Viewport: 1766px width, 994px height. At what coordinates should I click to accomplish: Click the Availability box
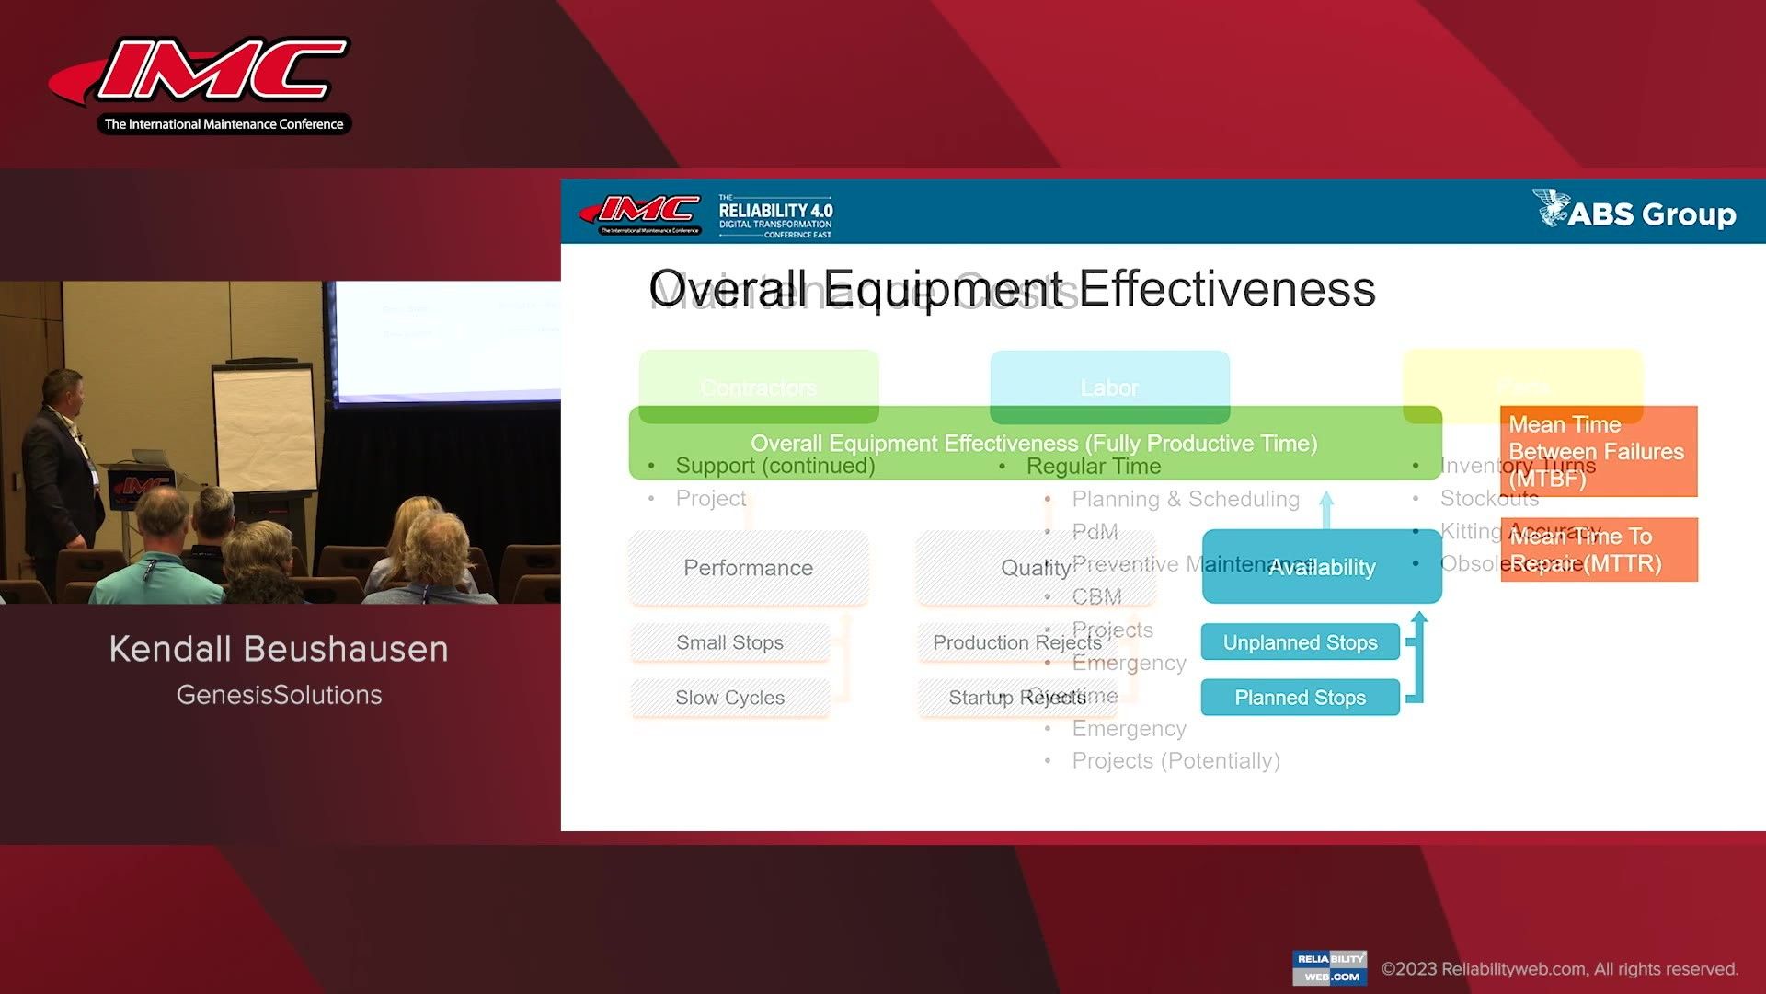[1321, 567]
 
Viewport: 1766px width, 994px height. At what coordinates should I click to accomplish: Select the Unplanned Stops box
[1300, 642]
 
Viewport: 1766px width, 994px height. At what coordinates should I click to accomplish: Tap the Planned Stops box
[1300, 698]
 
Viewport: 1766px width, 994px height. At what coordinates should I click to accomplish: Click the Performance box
[748, 568]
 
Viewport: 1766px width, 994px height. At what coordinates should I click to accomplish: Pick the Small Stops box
[729, 642]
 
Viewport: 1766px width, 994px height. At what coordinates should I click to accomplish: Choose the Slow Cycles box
[729, 698]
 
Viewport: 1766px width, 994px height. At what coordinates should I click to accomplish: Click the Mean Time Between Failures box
[1598, 451]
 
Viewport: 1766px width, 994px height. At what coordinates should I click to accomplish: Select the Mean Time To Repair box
[1598, 549]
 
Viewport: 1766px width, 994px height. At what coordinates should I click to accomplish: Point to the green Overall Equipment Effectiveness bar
[1034, 443]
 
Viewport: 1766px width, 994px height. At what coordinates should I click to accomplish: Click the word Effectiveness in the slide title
[1227, 289]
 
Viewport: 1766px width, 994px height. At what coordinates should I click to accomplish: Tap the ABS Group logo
[1634, 212]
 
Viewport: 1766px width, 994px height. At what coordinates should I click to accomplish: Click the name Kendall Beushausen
[279, 649]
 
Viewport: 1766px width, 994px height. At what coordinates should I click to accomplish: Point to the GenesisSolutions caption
[279, 695]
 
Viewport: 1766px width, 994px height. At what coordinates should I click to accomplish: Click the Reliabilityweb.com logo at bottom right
[1329, 967]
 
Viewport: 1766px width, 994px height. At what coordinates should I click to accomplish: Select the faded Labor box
[1109, 387]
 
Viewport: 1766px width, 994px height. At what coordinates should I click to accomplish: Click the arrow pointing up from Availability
[1326, 509]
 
